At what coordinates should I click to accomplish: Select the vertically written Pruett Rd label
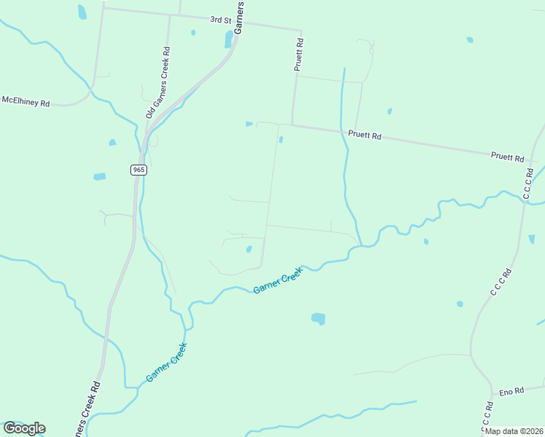tap(298, 55)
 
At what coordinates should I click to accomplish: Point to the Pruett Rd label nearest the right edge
tap(508, 157)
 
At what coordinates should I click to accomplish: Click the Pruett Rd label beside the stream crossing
tap(365, 135)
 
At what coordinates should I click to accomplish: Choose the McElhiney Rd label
tap(26, 102)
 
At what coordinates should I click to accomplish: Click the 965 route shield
tap(139, 170)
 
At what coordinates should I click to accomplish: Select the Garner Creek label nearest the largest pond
tap(277, 278)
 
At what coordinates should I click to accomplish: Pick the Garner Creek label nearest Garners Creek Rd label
tap(167, 363)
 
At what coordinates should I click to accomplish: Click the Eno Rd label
tap(511, 391)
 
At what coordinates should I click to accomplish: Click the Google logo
tap(24, 428)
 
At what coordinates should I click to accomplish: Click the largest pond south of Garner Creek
tap(318, 318)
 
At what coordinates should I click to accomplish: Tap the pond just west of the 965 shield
tap(100, 176)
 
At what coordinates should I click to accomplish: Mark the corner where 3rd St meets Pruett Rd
tap(300, 31)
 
